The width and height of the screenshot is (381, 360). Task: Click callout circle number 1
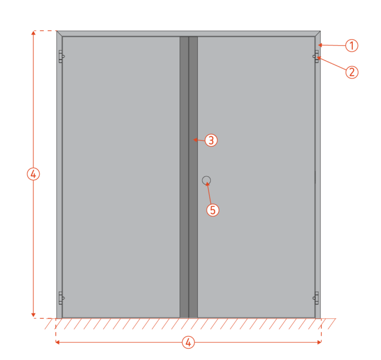[x=351, y=46]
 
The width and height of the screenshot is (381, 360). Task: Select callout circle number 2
[x=351, y=72]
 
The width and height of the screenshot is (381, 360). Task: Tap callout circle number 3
[x=211, y=140]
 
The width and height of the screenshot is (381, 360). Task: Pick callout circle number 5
[x=212, y=210]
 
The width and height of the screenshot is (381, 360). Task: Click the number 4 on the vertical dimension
[x=33, y=174]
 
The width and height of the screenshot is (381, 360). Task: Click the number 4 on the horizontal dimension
[x=188, y=342]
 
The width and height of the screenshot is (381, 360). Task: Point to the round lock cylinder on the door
[x=206, y=180]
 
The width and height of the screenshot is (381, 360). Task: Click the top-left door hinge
[x=61, y=57]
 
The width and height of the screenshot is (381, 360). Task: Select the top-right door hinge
[x=316, y=57]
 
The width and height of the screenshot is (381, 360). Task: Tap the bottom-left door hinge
[x=61, y=298]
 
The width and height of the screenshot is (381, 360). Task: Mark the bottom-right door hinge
[x=316, y=298]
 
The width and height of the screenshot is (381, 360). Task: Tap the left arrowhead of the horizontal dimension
[x=58, y=342]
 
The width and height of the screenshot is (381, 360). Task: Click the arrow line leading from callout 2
[x=332, y=65]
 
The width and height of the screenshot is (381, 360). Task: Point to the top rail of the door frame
[x=189, y=34]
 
